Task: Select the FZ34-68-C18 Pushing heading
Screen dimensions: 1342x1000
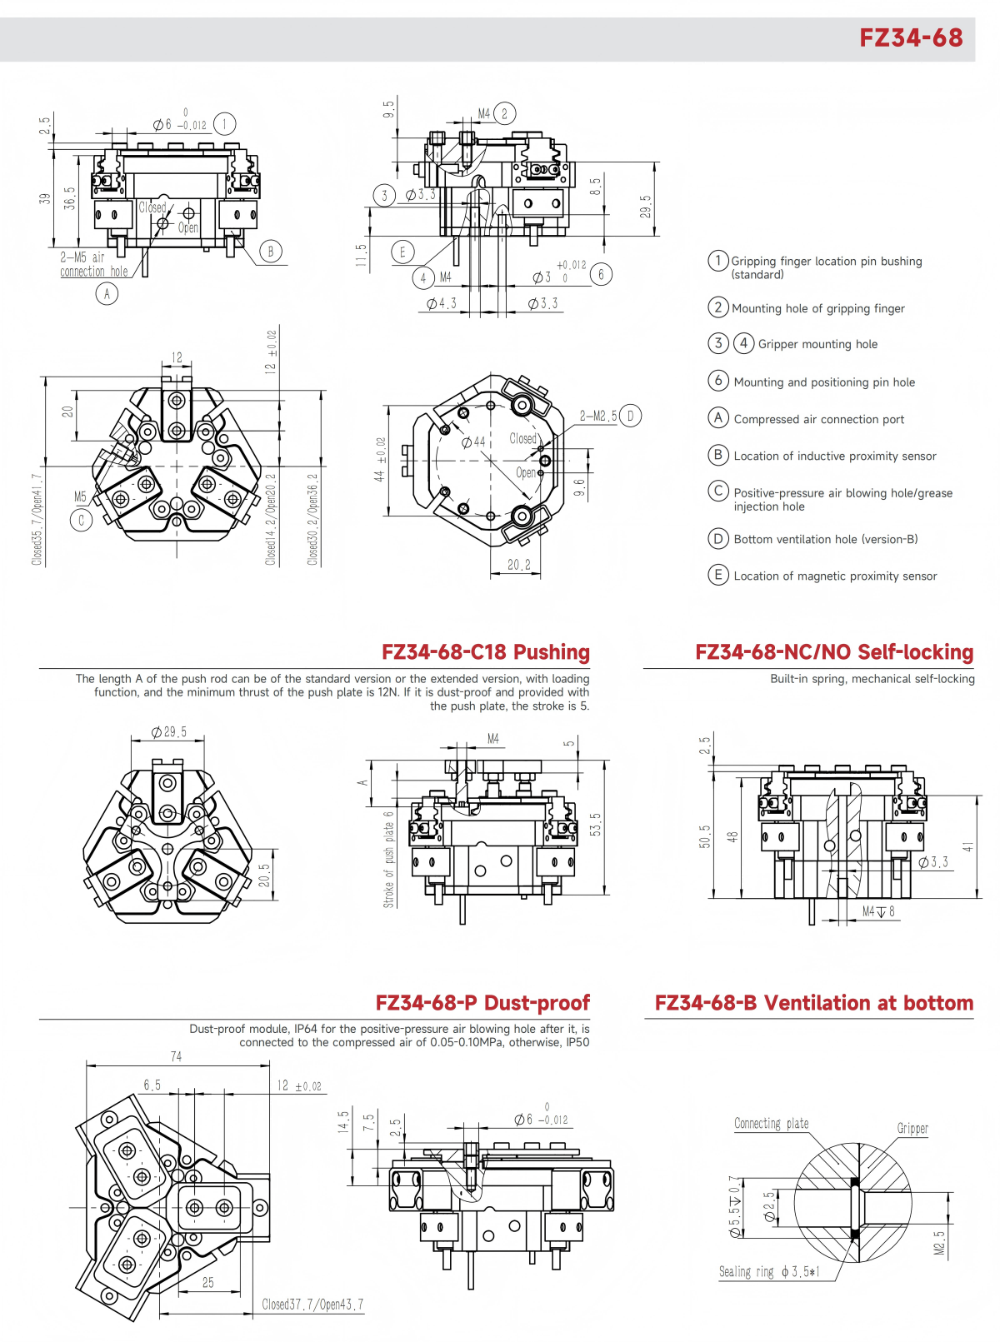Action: pyautogui.click(x=485, y=652)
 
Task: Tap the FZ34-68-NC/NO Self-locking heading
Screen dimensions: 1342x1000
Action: pyautogui.click(x=834, y=652)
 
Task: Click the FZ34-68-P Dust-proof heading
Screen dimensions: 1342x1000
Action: pyautogui.click(x=482, y=1003)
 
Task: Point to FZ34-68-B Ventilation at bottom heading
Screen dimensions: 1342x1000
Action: pyautogui.click(x=813, y=1003)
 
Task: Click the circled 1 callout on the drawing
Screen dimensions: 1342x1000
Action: pyautogui.click(x=224, y=124)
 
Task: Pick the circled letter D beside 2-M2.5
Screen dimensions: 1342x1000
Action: pyautogui.click(x=631, y=416)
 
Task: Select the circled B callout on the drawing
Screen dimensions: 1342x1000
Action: pyautogui.click(x=270, y=251)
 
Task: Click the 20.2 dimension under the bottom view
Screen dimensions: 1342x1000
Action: pyautogui.click(x=518, y=565)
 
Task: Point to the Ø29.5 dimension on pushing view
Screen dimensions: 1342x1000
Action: pyautogui.click(x=168, y=732)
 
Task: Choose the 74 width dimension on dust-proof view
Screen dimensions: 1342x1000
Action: pyautogui.click(x=176, y=1056)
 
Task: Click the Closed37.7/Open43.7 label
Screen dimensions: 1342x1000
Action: pyautogui.click(x=312, y=1305)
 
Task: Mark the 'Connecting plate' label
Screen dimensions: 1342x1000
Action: pyautogui.click(x=771, y=1124)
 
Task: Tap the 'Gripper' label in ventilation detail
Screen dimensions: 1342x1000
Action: pyautogui.click(x=912, y=1129)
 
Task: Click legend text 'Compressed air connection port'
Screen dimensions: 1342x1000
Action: pyautogui.click(x=818, y=420)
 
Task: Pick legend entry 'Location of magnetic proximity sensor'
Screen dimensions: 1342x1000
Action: pyautogui.click(x=835, y=576)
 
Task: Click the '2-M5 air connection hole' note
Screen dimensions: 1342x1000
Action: pyautogui.click(x=93, y=265)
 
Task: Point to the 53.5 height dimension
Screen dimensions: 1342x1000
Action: pyautogui.click(x=595, y=825)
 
